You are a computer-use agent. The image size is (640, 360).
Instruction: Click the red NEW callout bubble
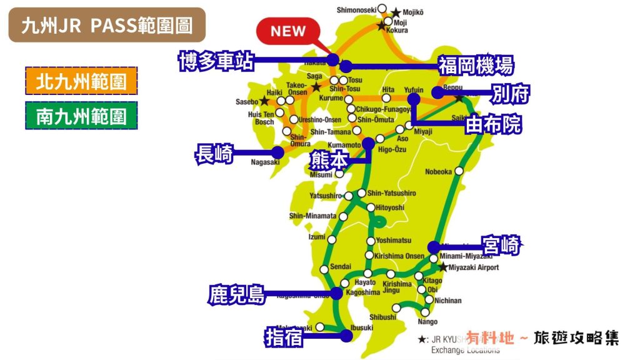[x=288, y=31]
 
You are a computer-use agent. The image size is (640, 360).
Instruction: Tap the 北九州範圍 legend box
[x=81, y=81]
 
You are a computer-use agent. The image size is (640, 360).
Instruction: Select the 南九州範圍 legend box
[x=81, y=116]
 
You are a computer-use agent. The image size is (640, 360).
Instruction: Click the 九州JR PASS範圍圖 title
[x=106, y=25]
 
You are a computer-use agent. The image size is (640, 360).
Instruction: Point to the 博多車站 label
[x=216, y=61]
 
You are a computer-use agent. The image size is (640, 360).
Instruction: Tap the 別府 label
[x=510, y=94]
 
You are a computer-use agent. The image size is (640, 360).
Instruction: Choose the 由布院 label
[x=494, y=125]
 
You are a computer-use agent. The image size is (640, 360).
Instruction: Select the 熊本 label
[x=329, y=160]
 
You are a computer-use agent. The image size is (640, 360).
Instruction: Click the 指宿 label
[x=284, y=337]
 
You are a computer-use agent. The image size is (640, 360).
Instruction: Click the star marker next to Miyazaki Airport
[x=443, y=267]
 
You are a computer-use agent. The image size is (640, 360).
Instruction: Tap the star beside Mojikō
[x=396, y=12]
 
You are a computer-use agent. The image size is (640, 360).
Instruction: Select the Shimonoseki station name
[x=356, y=10]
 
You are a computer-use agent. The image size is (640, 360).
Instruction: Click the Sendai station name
[x=340, y=266]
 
